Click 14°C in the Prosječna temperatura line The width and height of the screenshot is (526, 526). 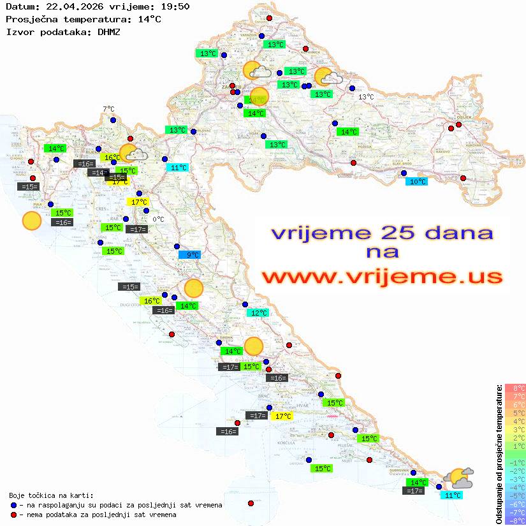(x=149, y=19)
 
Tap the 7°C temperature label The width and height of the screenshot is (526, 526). (x=108, y=109)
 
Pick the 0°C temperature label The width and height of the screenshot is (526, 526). (x=158, y=219)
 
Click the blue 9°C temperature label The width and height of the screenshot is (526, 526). (x=189, y=254)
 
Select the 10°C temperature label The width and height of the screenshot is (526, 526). (x=417, y=181)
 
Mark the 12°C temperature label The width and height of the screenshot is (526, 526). (x=258, y=312)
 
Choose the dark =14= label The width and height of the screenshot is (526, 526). (x=98, y=172)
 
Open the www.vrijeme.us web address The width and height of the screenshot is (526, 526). (x=382, y=277)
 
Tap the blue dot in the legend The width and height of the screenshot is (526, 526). (x=13, y=505)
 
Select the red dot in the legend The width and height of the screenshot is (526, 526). (x=13, y=515)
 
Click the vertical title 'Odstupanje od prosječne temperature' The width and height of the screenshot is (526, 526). (x=498, y=455)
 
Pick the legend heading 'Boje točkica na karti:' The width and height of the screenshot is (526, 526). (x=51, y=495)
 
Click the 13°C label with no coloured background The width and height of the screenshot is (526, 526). (x=366, y=97)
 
